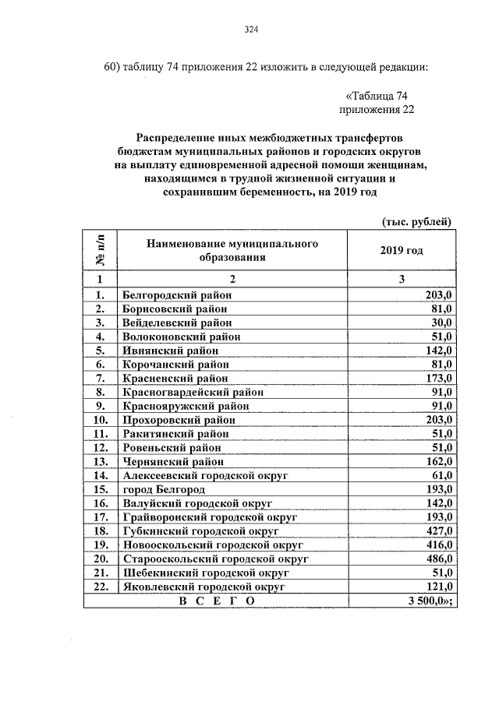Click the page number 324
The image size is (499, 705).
[250, 30]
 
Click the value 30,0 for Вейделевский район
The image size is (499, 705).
[441, 323]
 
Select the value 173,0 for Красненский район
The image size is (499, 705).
[438, 378]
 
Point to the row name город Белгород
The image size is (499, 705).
[163, 489]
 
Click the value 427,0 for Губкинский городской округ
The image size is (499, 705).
[438, 531]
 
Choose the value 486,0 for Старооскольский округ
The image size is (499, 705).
[438, 559]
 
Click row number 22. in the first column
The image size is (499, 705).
[99, 586]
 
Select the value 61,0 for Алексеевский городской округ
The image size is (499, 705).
[441, 475]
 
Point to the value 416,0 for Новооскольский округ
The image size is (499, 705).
[438, 545]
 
